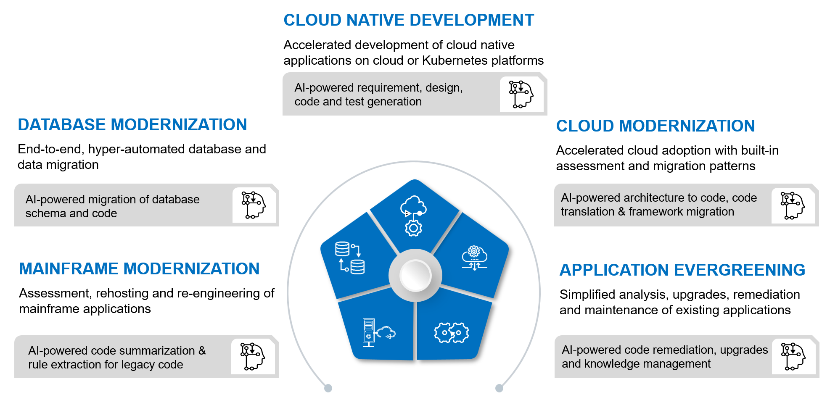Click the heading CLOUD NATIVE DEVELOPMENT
(409, 20)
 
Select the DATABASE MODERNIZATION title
(132, 125)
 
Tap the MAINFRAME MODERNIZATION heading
(139, 269)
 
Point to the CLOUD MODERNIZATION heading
(655, 126)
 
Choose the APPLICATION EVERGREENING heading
(682, 270)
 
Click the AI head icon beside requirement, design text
(521, 95)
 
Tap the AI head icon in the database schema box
(254, 205)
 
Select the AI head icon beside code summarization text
(252, 356)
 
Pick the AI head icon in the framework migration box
(793, 206)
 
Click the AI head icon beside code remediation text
(793, 357)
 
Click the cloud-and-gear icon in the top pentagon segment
(413, 216)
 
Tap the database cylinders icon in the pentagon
(350, 258)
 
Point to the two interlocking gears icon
(452, 333)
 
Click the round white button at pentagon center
(415, 276)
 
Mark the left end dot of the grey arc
(328, 388)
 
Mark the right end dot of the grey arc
(499, 388)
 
